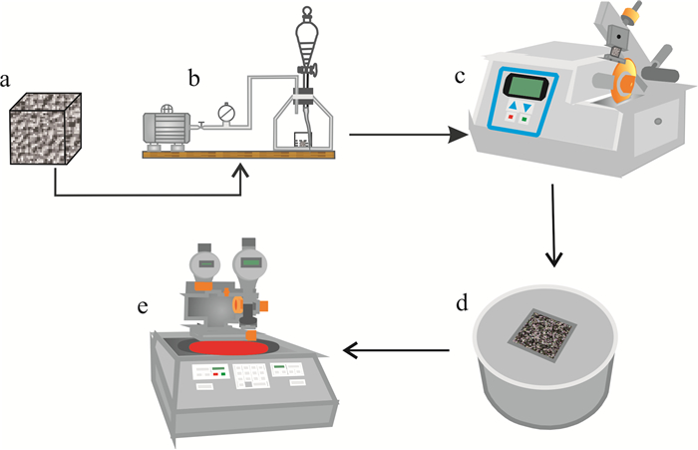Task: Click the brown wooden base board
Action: (239, 154)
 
